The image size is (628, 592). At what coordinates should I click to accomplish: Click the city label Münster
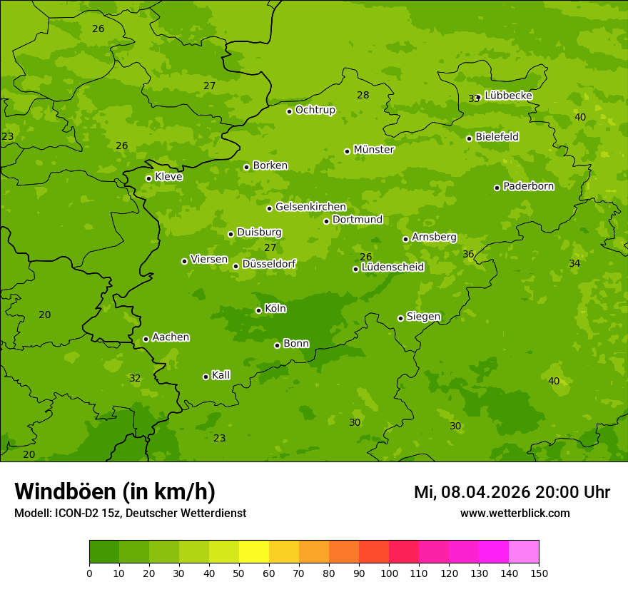coord(374,150)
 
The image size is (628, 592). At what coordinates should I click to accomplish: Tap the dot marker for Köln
coord(258,310)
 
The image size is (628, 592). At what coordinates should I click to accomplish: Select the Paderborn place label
coord(528,186)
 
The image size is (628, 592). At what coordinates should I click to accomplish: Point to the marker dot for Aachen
coord(146,339)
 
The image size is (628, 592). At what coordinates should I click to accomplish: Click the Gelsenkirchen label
coord(310,207)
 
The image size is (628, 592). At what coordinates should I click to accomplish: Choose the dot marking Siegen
coord(400,318)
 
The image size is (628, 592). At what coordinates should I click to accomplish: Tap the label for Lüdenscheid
coord(392,267)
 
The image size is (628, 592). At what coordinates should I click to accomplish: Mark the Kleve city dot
coord(148,178)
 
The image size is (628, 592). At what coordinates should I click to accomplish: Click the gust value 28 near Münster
coord(363,95)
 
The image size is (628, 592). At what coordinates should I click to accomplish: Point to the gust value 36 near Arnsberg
coord(468,254)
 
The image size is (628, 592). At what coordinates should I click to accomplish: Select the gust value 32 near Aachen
coord(135,378)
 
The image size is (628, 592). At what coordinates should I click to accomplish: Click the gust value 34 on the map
coord(574,263)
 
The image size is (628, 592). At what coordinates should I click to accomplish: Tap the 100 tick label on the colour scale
coord(389,573)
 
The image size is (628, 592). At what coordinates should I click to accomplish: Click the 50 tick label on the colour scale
coord(239,573)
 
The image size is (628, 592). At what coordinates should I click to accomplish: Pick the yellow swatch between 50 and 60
coord(254,552)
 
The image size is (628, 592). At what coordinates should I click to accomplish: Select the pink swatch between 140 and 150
coord(524,552)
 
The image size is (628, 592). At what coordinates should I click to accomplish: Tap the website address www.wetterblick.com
coord(515,513)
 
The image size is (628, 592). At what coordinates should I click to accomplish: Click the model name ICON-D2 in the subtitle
coord(76,513)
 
